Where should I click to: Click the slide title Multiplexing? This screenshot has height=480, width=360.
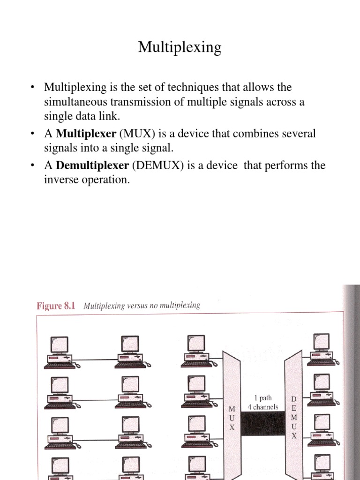[180, 48]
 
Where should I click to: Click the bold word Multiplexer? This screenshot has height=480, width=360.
[86, 134]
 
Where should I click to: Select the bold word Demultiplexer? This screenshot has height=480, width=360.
[92, 166]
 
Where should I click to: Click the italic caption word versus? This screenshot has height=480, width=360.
[137, 306]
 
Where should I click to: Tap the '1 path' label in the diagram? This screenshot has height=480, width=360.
[263, 397]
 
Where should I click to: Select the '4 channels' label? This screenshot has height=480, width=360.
[263, 407]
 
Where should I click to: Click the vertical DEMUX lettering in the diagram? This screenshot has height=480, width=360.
[294, 417]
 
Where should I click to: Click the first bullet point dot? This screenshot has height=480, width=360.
[32, 88]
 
